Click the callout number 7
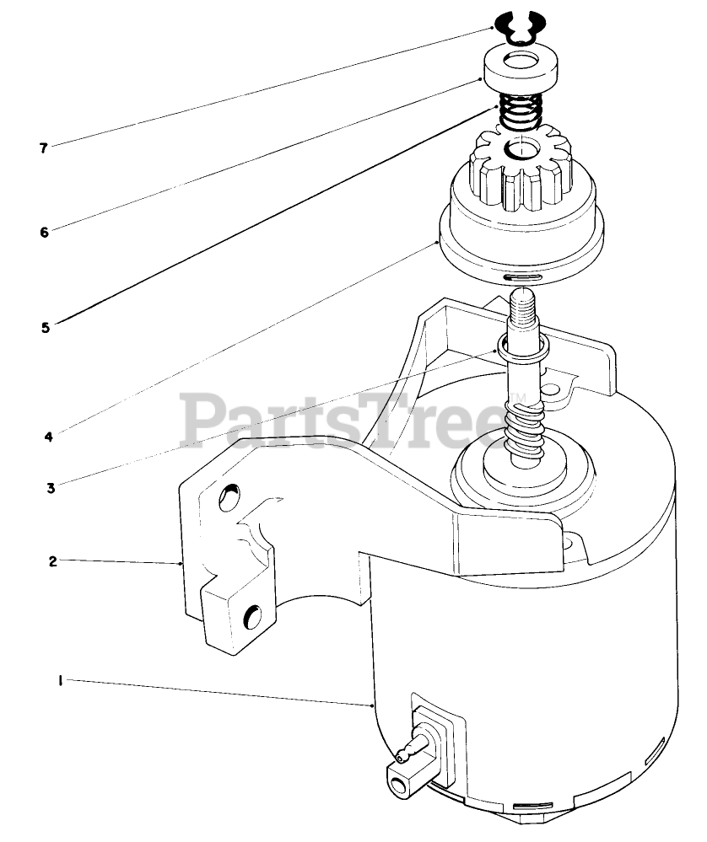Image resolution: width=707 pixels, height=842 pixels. click(x=43, y=148)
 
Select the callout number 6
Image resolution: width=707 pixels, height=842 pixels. click(x=45, y=231)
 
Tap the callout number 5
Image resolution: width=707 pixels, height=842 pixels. click(x=45, y=326)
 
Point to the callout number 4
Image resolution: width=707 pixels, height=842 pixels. click(x=48, y=437)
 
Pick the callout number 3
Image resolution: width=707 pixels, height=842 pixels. click(x=51, y=487)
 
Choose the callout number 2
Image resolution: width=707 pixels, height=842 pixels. click(x=52, y=560)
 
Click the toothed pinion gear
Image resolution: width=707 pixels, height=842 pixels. click(x=523, y=173)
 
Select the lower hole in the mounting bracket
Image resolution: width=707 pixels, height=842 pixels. click(x=252, y=618)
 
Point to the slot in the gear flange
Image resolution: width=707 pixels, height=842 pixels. click(x=515, y=276)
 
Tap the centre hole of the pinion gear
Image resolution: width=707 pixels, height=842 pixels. click(x=521, y=152)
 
